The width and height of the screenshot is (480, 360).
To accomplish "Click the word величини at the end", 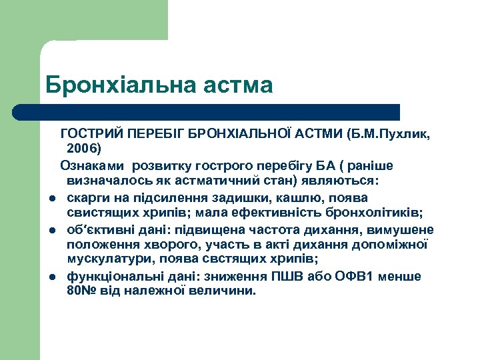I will [221, 291].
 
